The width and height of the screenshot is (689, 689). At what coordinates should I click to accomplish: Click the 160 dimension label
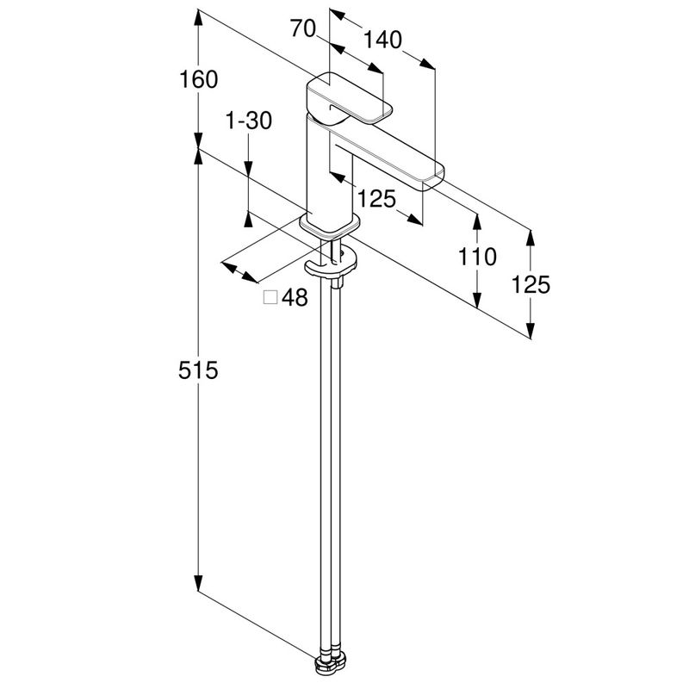199,79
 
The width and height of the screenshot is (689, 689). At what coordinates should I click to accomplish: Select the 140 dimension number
383,40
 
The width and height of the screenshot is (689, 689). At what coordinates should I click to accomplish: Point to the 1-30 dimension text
248,121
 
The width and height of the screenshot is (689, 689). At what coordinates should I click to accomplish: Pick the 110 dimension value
477,256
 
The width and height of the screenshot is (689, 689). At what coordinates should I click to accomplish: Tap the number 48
295,298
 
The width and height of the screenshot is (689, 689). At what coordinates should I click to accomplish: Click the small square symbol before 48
270,298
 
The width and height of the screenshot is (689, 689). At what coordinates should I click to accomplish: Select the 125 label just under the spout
376,199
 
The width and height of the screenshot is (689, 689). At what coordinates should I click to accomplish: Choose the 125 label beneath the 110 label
531,284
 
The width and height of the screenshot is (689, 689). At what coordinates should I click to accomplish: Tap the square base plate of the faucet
327,226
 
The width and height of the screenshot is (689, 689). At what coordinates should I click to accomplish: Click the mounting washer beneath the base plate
332,264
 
